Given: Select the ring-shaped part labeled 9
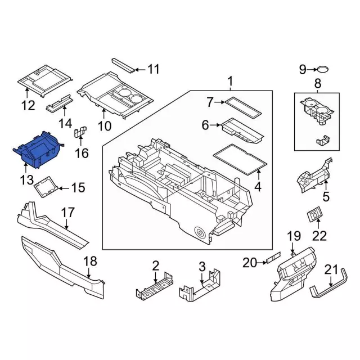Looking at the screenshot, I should (322, 70).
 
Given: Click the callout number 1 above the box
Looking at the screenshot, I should (229, 83).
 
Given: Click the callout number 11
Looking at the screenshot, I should (154, 70).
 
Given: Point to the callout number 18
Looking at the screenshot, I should (91, 261).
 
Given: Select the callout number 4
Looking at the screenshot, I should (258, 187).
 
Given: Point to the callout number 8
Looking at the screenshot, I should (317, 84).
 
